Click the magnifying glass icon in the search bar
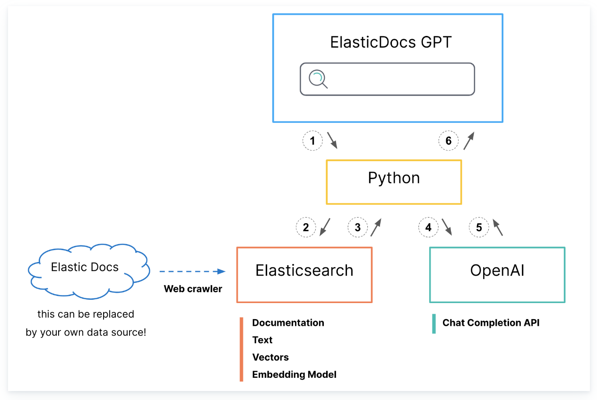[318, 79]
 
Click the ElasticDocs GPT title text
[391, 42]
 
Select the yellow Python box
[394, 182]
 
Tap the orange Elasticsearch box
[304, 275]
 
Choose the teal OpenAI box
[497, 275]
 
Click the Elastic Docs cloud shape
[85, 270]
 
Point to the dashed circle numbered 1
[312, 140]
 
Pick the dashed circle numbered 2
[306, 227]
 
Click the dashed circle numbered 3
[357, 227]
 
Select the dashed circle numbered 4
[428, 227]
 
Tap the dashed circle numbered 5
[479, 227]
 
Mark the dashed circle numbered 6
[448, 140]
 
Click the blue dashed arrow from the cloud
[192, 271]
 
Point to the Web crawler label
[193, 289]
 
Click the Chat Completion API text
[491, 323]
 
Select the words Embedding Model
[294, 374]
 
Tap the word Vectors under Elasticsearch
[270, 357]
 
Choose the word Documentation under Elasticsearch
[288, 323]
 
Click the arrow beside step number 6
[468, 141]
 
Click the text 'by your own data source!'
[86, 332]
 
